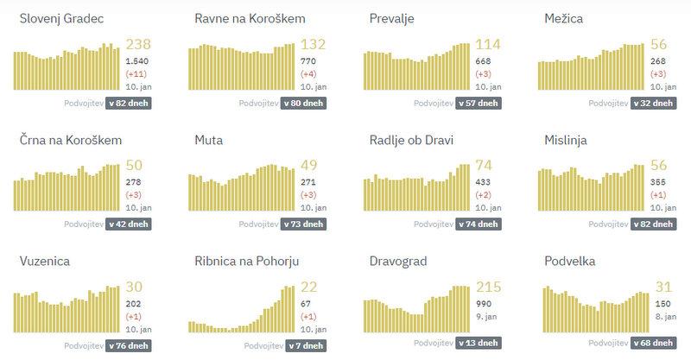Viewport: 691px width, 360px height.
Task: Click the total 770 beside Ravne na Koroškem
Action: coord(308,61)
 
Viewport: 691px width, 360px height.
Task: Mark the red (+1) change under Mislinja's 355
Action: coord(656,195)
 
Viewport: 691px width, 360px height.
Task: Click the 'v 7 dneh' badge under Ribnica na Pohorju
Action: coord(306,344)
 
